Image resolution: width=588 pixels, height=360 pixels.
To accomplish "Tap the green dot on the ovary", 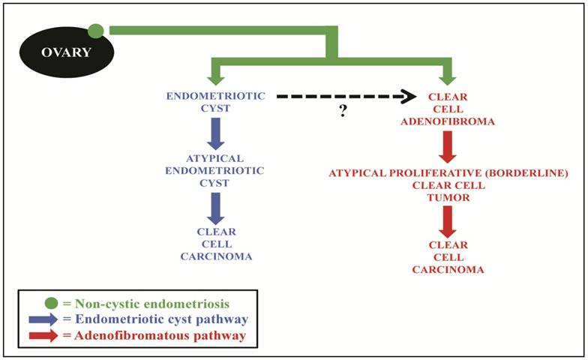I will tap(96, 31).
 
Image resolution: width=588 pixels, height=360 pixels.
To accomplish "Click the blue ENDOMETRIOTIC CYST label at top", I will tap(215, 102).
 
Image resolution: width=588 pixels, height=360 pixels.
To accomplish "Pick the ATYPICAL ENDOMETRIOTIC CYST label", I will tap(215, 170).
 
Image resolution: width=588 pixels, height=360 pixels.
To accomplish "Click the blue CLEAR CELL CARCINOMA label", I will tap(216, 244).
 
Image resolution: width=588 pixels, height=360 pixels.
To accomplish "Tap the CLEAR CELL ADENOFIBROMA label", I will tap(448, 109).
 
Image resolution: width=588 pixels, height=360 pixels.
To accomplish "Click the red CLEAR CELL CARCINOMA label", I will tap(448, 257).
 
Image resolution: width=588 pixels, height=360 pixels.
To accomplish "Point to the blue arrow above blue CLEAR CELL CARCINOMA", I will tap(216, 207).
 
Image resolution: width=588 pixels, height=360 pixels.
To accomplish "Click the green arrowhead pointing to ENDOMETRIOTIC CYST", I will tap(216, 76).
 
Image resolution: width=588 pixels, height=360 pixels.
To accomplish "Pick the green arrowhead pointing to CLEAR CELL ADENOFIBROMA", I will tap(448, 76).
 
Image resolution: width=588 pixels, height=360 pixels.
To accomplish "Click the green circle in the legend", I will tap(51, 304).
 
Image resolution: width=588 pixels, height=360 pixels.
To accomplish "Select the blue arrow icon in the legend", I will tap(43, 319).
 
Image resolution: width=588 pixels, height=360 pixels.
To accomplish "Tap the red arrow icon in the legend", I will tap(43, 335).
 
